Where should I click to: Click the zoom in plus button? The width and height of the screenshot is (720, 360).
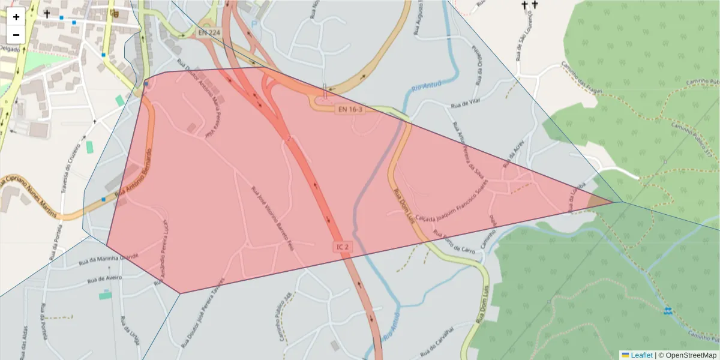click(x=16, y=17)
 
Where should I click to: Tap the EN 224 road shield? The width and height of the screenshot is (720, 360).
click(x=209, y=32)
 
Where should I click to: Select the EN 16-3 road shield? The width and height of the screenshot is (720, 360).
click(x=350, y=109)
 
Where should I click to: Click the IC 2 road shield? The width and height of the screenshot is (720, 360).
click(x=343, y=247)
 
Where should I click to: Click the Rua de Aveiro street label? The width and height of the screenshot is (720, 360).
click(x=104, y=279)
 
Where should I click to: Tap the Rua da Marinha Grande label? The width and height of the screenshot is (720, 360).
click(x=109, y=259)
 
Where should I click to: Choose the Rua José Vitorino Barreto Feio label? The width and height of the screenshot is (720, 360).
click(x=273, y=218)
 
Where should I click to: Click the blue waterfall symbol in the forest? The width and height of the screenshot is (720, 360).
click(x=668, y=311)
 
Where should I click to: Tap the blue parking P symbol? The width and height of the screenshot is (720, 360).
click(x=254, y=25)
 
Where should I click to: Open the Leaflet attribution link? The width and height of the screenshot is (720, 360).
click(x=641, y=355)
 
